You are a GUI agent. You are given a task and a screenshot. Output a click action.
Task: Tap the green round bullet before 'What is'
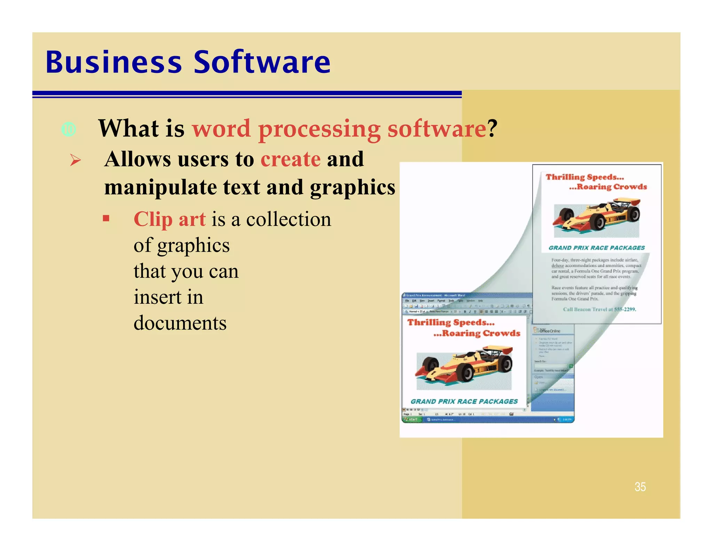click(x=69, y=130)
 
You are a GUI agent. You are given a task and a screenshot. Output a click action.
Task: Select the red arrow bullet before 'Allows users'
click(x=75, y=160)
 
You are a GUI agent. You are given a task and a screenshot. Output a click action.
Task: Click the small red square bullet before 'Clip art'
click(x=106, y=219)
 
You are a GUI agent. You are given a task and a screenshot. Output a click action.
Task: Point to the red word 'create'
click(x=290, y=160)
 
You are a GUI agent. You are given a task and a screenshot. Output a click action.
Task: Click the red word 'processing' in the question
click(x=319, y=129)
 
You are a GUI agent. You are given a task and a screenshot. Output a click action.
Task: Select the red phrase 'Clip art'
click(x=170, y=219)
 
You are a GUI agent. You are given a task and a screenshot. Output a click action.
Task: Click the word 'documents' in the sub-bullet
click(x=180, y=323)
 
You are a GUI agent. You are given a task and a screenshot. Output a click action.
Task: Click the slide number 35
click(x=640, y=487)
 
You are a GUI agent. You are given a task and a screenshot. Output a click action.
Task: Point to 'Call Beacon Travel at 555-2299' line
click(x=599, y=309)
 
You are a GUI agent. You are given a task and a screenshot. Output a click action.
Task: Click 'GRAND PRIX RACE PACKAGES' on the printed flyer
click(x=596, y=248)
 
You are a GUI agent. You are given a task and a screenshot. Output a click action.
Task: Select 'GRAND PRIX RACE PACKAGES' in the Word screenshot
click(x=464, y=401)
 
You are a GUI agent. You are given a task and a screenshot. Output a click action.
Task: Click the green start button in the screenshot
click(x=412, y=419)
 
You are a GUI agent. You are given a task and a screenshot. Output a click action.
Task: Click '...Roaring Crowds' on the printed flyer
click(x=608, y=187)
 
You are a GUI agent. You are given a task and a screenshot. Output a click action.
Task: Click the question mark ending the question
click(x=492, y=129)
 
